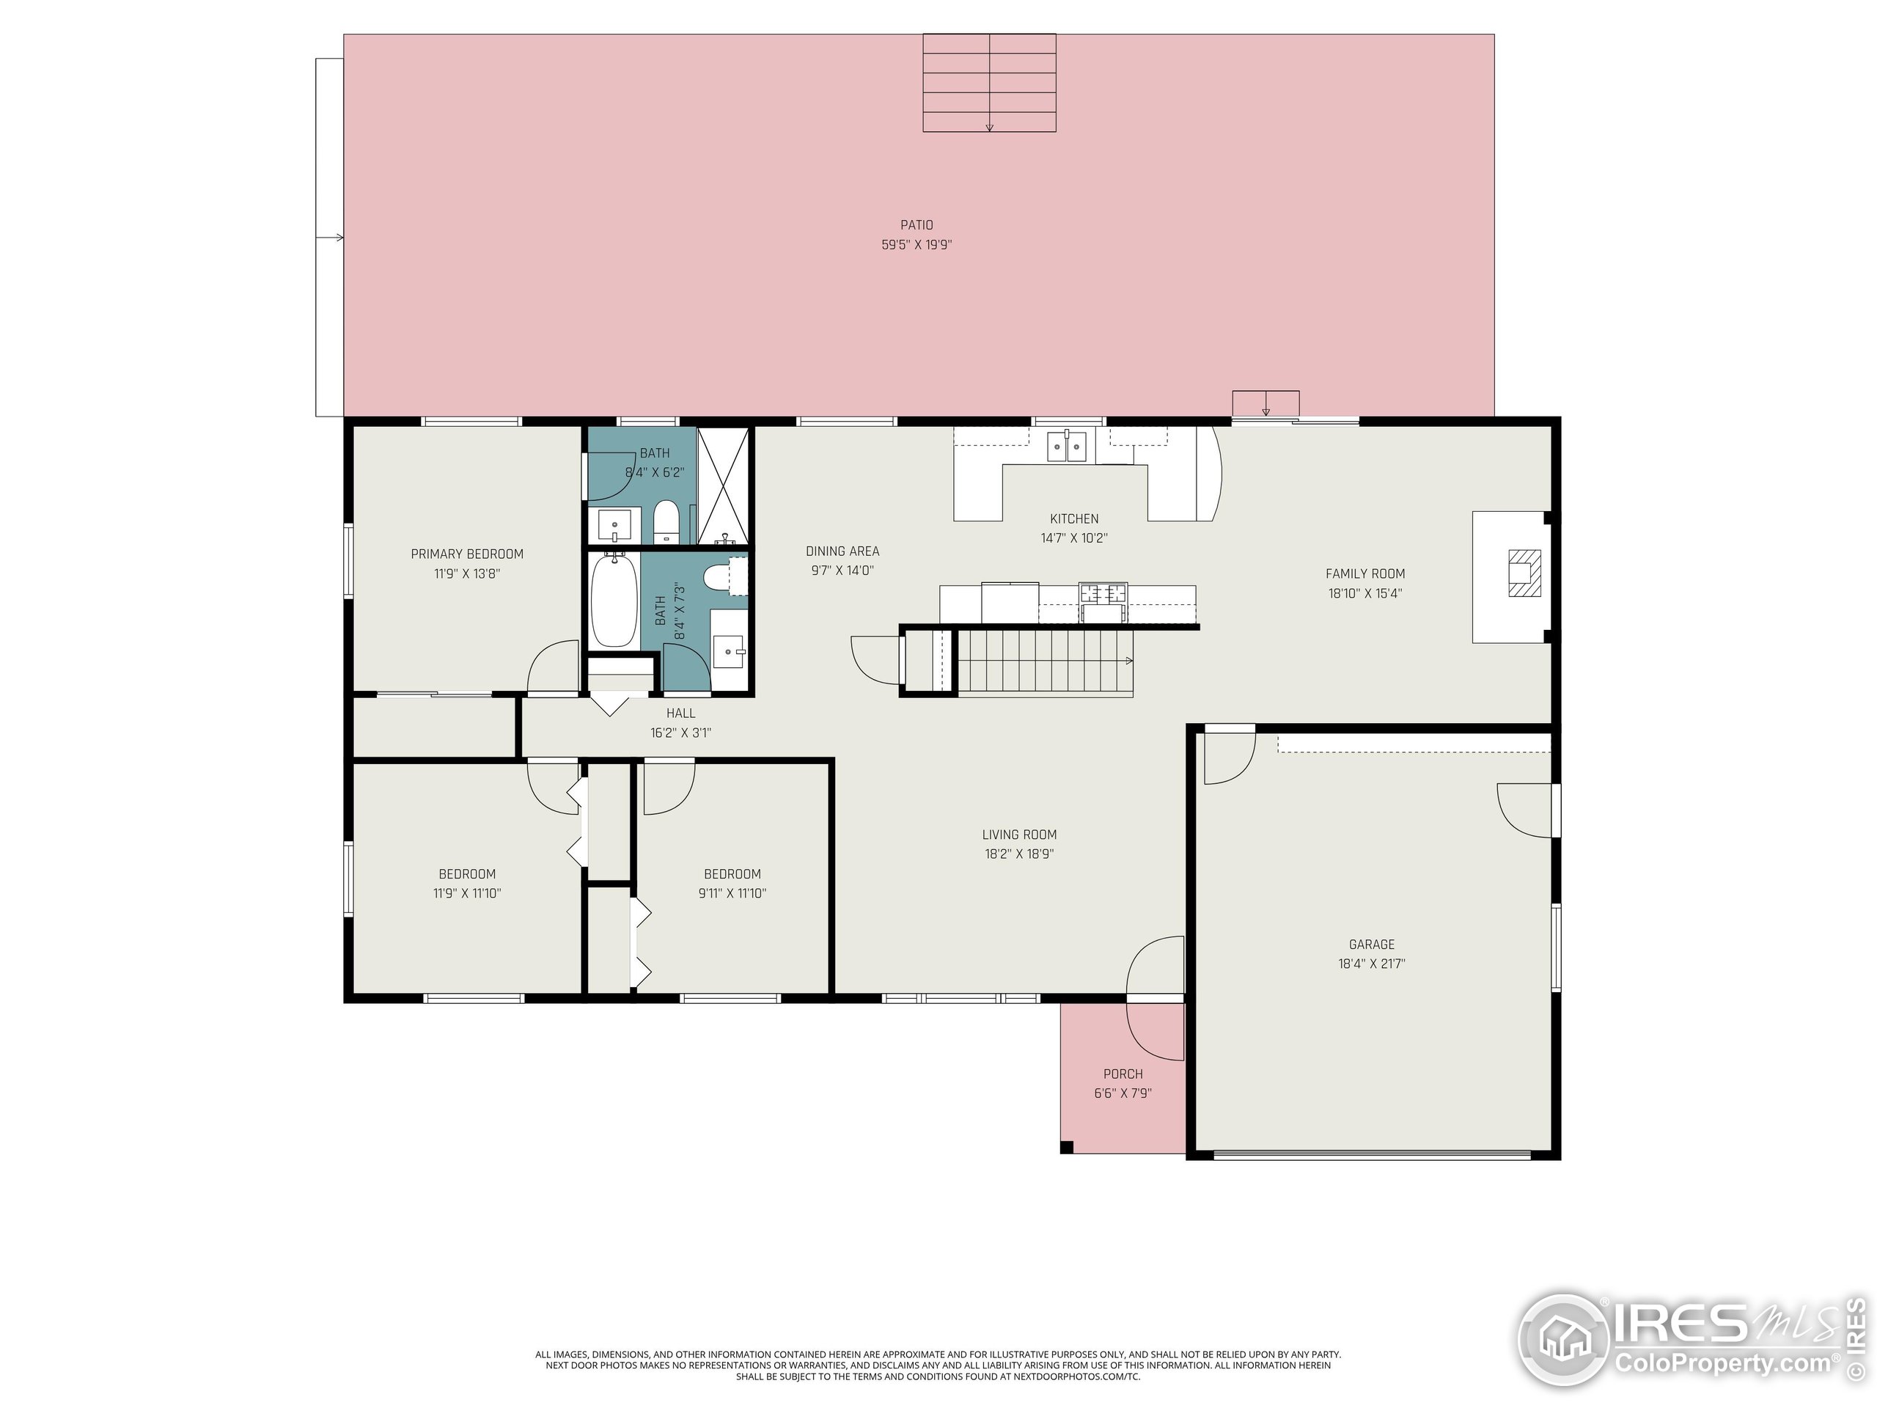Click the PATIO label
click(x=917, y=225)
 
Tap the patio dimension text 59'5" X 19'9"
click(x=917, y=244)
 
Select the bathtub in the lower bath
click(x=614, y=599)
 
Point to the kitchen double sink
click(x=1067, y=446)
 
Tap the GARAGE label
click(x=1371, y=945)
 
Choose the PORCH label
click(x=1123, y=1074)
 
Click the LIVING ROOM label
click(x=1019, y=835)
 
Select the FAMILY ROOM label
click(x=1364, y=573)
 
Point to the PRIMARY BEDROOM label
click(x=467, y=554)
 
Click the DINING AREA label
click(x=842, y=551)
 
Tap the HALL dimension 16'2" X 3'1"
click(x=680, y=733)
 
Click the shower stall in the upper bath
click(x=723, y=485)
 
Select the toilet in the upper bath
click(x=666, y=522)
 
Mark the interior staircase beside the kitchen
click(x=1046, y=662)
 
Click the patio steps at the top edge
click(x=989, y=83)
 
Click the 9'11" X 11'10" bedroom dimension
click(x=732, y=894)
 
